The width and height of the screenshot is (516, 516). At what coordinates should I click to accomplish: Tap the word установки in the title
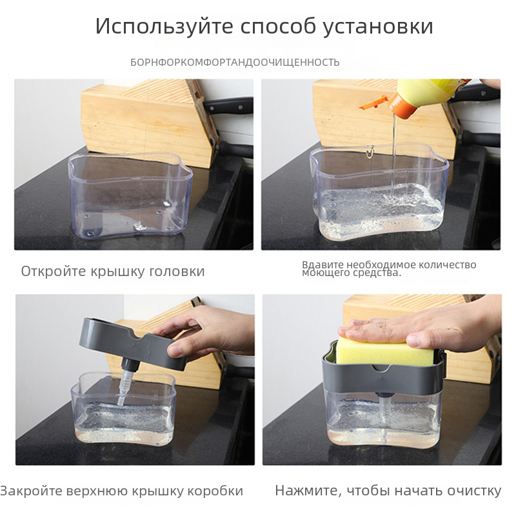click(377, 26)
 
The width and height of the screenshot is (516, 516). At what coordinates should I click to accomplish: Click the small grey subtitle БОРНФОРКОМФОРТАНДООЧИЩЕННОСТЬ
click(235, 62)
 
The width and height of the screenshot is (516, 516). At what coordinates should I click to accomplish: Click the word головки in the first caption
click(177, 272)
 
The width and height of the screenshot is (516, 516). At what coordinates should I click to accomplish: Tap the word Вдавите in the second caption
click(323, 264)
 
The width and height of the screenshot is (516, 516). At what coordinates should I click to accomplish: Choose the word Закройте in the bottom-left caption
click(31, 490)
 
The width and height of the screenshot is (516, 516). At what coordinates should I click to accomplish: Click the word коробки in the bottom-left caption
click(215, 491)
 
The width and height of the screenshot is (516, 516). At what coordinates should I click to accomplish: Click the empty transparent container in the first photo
click(130, 194)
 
